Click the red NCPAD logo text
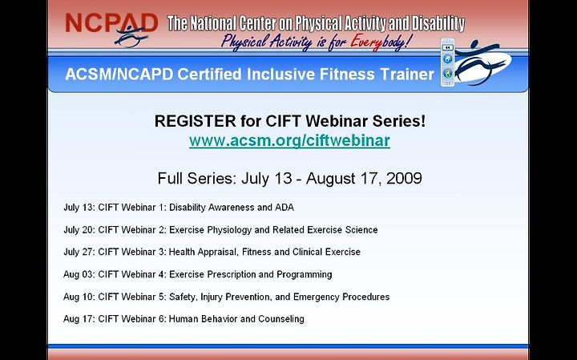111,23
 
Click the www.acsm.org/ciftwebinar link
289,140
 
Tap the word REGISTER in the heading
195,121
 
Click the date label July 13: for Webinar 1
79,208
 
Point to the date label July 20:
79,230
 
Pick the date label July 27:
79,252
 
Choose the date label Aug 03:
79,274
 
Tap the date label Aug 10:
79,297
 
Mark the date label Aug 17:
79,319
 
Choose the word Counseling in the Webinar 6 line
281,319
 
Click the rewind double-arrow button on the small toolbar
447,47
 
